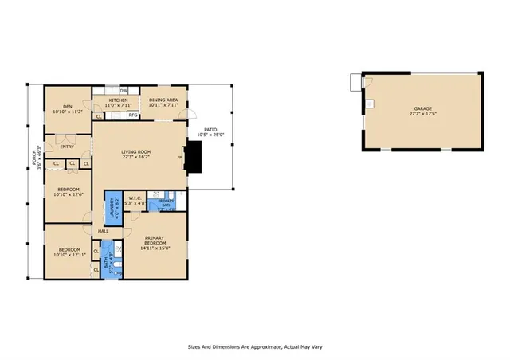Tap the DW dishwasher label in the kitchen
click(124, 91)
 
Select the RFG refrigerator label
click(133, 115)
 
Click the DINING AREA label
click(163, 100)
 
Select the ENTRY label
click(66, 147)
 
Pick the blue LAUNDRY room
click(112, 209)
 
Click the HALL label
click(103, 231)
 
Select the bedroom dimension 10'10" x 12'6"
click(68, 194)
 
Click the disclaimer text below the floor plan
click(254, 347)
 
